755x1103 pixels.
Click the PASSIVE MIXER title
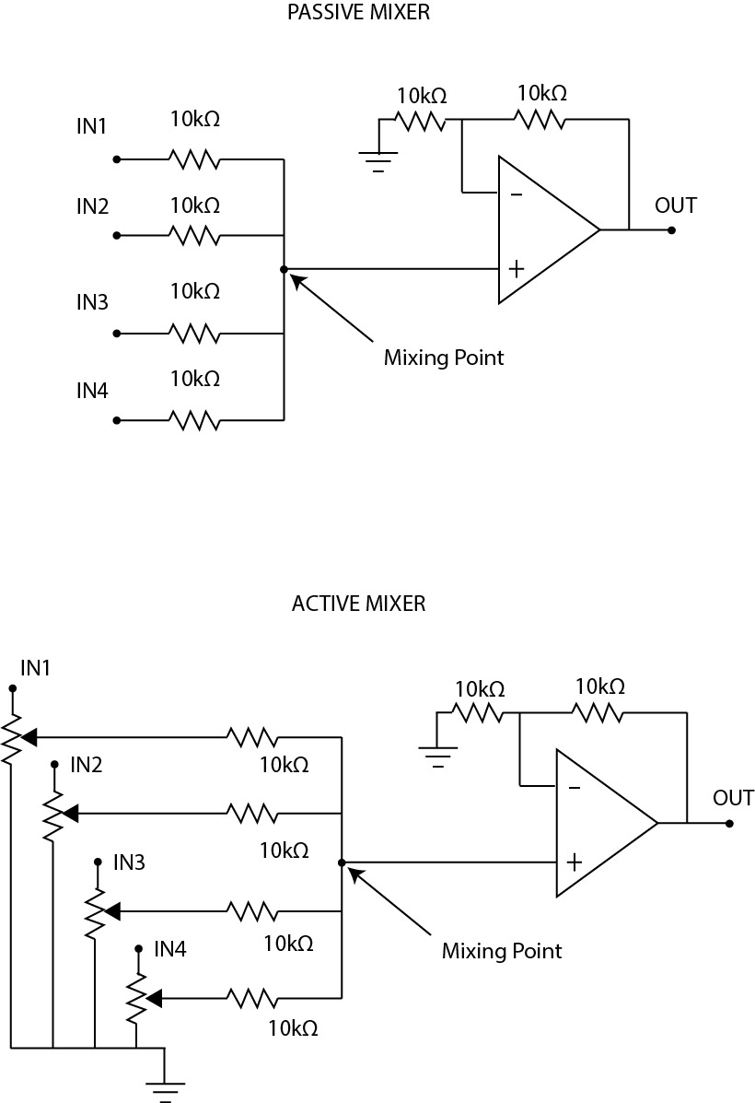[x=358, y=13]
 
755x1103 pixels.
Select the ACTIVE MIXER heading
[x=358, y=604]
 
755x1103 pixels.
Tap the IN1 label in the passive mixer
[x=92, y=126]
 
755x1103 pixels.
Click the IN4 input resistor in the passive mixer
[x=193, y=420]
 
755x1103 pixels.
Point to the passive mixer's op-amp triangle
[x=543, y=229]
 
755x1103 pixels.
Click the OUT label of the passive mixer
[x=676, y=205]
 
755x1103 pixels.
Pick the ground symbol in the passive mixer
[x=378, y=162]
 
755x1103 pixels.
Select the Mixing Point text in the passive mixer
[x=444, y=358]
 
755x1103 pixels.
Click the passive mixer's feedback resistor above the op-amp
[x=540, y=119]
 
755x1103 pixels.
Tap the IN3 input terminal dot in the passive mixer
[x=116, y=333]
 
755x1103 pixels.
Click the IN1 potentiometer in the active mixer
[x=12, y=737]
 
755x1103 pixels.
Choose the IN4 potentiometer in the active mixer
[x=136, y=997]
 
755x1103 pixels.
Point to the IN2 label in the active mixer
[x=86, y=764]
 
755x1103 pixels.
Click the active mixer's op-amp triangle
[x=600, y=823]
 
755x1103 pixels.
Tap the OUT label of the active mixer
[x=734, y=798]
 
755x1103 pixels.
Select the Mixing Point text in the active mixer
[x=502, y=950]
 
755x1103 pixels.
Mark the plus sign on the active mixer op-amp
[x=575, y=862]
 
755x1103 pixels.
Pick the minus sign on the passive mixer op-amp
[x=517, y=194]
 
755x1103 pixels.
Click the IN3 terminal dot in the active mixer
[x=98, y=862]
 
